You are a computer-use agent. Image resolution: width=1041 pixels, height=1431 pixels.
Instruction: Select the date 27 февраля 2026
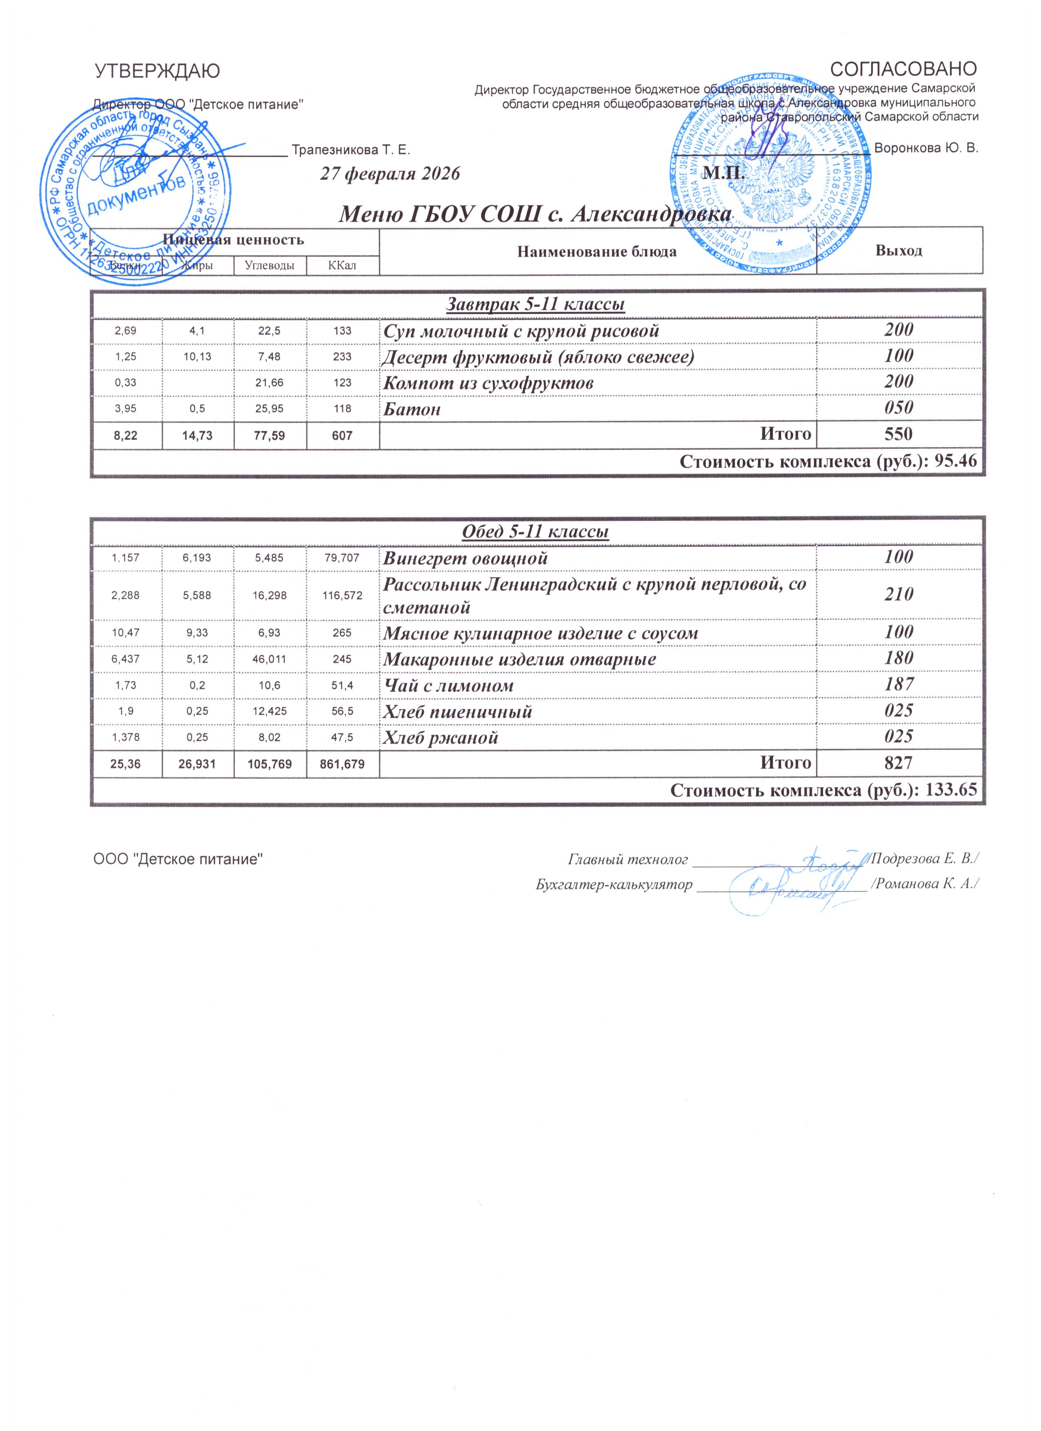[x=390, y=174]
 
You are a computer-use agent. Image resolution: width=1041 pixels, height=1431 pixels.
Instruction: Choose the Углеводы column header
[x=270, y=266]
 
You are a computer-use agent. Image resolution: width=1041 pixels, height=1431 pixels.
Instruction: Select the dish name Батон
[x=412, y=409]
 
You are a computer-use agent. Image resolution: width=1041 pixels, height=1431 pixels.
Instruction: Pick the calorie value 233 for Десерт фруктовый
[x=342, y=357]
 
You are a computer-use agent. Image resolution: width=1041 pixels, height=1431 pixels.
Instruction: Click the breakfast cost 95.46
[x=955, y=462]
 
